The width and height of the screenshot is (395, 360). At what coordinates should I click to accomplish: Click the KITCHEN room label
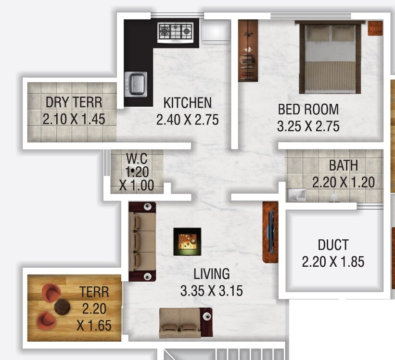[x=187, y=102]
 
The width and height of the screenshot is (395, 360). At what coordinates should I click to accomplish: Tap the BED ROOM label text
[x=308, y=109]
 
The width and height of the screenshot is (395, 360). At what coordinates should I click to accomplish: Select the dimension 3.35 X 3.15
[x=211, y=291]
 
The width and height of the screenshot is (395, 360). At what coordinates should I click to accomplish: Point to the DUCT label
[x=333, y=245]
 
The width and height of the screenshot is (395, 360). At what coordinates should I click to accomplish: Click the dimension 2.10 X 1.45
[x=74, y=119]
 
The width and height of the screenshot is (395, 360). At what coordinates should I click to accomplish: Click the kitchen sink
[x=136, y=84]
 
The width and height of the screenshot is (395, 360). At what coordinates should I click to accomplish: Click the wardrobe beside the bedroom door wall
[x=248, y=50]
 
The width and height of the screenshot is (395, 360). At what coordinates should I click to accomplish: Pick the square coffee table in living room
[x=187, y=242]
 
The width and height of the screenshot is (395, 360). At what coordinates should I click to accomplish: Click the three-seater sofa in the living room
[x=142, y=241]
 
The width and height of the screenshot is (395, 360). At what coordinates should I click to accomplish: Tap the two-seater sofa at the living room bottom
[x=185, y=323]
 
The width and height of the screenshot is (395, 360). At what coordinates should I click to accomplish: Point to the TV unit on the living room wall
[x=270, y=232]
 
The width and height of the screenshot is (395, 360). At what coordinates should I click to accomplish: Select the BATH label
[x=343, y=165]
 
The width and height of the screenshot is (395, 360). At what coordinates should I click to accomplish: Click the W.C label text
[x=136, y=158]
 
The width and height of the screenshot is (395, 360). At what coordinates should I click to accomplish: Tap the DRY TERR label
[x=74, y=102]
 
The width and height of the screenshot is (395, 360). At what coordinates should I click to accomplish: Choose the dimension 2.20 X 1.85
[x=333, y=262]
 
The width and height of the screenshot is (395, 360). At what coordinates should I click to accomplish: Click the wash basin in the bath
[x=296, y=194]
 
